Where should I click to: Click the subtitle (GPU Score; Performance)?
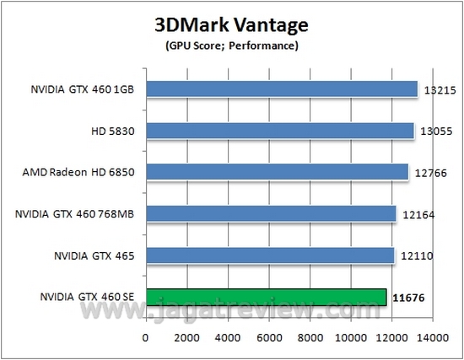[x=229, y=45]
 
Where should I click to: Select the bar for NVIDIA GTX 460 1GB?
[x=283, y=89]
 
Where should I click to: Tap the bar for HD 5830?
[x=280, y=130]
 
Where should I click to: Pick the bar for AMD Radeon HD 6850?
[x=278, y=172]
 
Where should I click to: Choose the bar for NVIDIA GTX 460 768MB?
[x=272, y=213]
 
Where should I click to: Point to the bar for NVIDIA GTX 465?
[x=271, y=255]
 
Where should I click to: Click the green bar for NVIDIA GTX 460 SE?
[x=267, y=297]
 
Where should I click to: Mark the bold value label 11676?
[x=407, y=298]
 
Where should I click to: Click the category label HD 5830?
[x=120, y=130]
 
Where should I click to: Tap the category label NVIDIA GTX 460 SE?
[x=88, y=297]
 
